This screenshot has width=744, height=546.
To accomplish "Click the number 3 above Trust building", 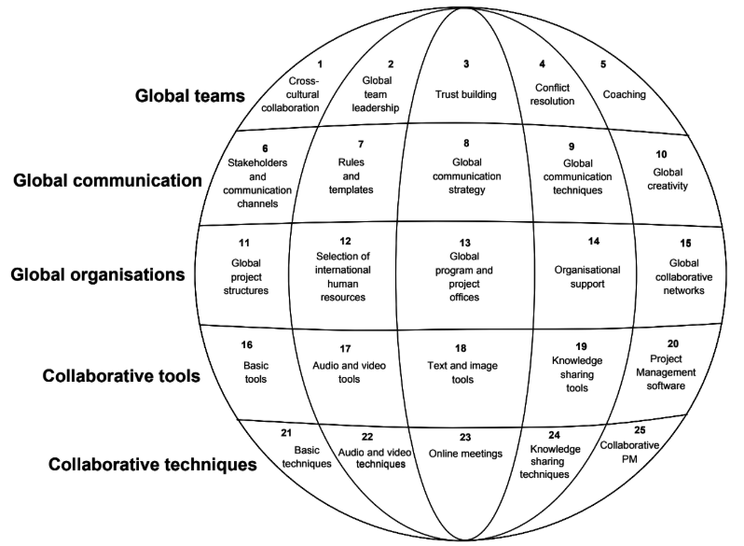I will tap(466, 63).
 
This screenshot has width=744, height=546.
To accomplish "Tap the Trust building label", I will tap(466, 94).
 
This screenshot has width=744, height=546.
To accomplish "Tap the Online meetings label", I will tap(465, 454).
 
